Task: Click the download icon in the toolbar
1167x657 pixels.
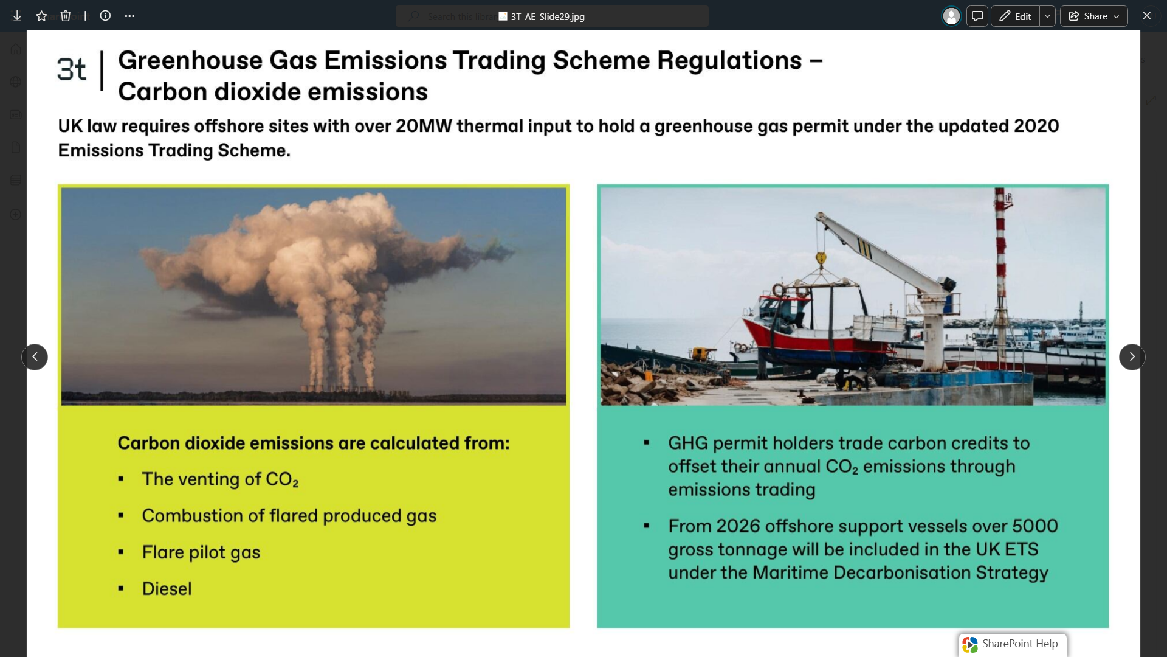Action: click(x=17, y=16)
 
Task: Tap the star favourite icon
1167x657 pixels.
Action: click(x=41, y=16)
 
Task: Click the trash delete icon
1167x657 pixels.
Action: click(x=66, y=16)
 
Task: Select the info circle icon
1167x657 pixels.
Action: click(x=105, y=16)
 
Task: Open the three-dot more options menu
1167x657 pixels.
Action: click(x=129, y=16)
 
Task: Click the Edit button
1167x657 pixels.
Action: click(x=1015, y=16)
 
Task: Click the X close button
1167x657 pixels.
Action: click(x=1146, y=16)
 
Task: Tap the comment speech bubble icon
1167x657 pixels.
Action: click(x=977, y=16)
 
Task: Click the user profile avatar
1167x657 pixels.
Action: click(x=951, y=16)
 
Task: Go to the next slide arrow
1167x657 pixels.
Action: click(x=1132, y=357)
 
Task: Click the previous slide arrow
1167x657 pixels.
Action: click(x=35, y=357)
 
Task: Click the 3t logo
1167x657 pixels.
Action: click(x=72, y=69)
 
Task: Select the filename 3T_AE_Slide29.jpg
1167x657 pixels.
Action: click(x=548, y=16)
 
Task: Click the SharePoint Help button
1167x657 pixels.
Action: click(x=1013, y=644)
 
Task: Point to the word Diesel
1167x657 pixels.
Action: click(x=167, y=589)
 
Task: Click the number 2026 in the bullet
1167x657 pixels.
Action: click(x=738, y=526)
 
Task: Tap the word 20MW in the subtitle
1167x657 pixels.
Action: click(x=424, y=126)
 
